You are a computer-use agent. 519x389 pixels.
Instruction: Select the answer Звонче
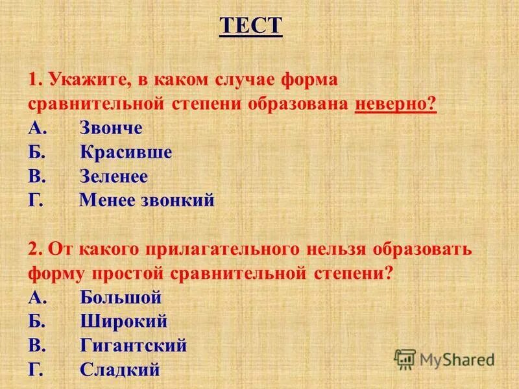(x=111, y=128)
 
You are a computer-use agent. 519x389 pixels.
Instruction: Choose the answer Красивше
(x=127, y=152)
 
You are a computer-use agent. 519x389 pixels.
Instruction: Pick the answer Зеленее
(x=114, y=176)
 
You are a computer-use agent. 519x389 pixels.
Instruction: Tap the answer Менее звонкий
(x=147, y=200)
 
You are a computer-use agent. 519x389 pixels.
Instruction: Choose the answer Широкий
(x=124, y=322)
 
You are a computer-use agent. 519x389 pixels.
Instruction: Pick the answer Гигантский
(x=134, y=346)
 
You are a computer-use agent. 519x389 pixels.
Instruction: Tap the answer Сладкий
(x=120, y=370)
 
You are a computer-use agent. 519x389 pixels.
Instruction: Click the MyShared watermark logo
(x=444, y=359)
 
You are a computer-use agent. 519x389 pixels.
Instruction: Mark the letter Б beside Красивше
(x=36, y=152)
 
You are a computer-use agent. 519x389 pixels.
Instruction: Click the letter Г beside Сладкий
(x=35, y=370)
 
